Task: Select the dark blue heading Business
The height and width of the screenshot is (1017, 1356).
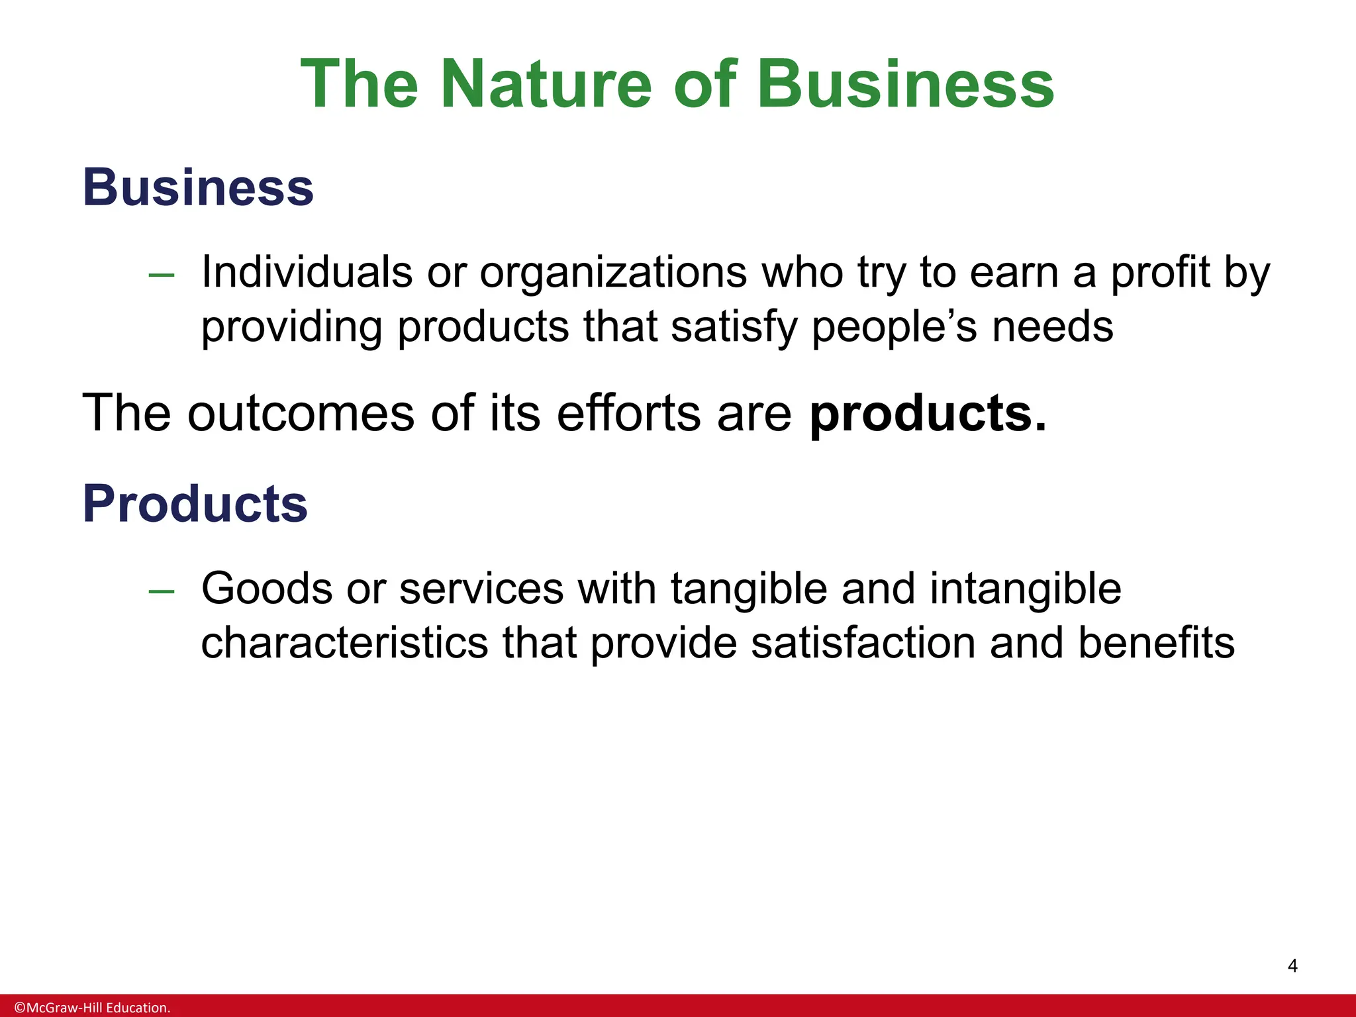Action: [198, 187]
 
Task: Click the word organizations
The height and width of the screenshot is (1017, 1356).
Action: [613, 273]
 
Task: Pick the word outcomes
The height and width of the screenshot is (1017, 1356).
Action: [301, 413]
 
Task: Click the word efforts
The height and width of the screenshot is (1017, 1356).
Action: [629, 413]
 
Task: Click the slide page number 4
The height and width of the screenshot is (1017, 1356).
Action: [1292, 966]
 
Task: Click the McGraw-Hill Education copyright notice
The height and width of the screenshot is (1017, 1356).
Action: [93, 1008]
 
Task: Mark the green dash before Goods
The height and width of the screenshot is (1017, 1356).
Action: [162, 590]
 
